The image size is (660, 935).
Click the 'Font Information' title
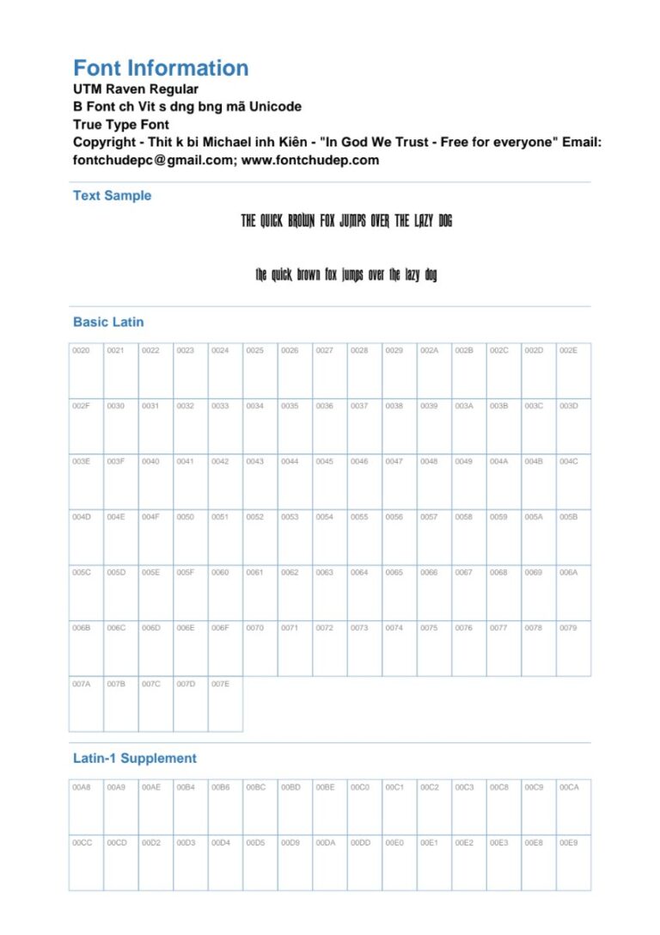(x=161, y=68)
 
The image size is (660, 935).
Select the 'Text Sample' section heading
(x=112, y=195)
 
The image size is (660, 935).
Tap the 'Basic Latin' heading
(x=108, y=322)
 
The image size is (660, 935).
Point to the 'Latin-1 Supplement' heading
(x=134, y=758)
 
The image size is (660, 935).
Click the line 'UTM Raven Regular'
(x=136, y=89)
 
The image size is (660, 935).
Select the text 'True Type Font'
(x=121, y=125)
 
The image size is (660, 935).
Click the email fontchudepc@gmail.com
(x=147, y=160)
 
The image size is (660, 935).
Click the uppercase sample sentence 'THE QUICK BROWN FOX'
(x=346, y=222)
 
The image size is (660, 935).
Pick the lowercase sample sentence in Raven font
(x=346, y=275)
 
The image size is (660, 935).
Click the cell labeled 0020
(x=86, y=370)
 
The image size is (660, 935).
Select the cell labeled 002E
(x=573, y=370)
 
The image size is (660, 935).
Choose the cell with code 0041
(x=191, y=481)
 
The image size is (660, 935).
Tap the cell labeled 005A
(x=538, y=537)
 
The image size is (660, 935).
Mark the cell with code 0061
(x=260, y=592)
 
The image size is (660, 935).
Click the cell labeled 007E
(x=225, y=704)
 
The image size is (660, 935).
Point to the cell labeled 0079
(x=573, y=648)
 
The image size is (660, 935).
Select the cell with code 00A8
(x=86, y=806)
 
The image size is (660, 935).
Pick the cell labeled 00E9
(x=573, y=862)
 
